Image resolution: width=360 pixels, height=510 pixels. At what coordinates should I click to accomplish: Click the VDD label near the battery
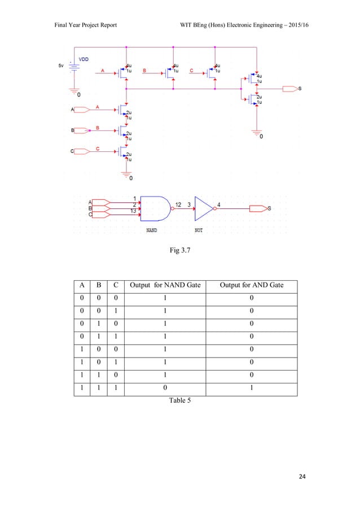(x=82, y=59)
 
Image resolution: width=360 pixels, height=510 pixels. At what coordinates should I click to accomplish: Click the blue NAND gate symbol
(x=155, y=208)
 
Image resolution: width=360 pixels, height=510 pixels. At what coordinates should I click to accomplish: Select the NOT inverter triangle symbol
(x=204, y=208)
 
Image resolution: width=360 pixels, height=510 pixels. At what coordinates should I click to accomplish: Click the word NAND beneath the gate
(x=152, y=230)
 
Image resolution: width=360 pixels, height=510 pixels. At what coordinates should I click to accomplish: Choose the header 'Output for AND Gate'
(x=251, y=286)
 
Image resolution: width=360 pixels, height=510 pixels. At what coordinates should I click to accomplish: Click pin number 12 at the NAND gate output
(x=178, y=204)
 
